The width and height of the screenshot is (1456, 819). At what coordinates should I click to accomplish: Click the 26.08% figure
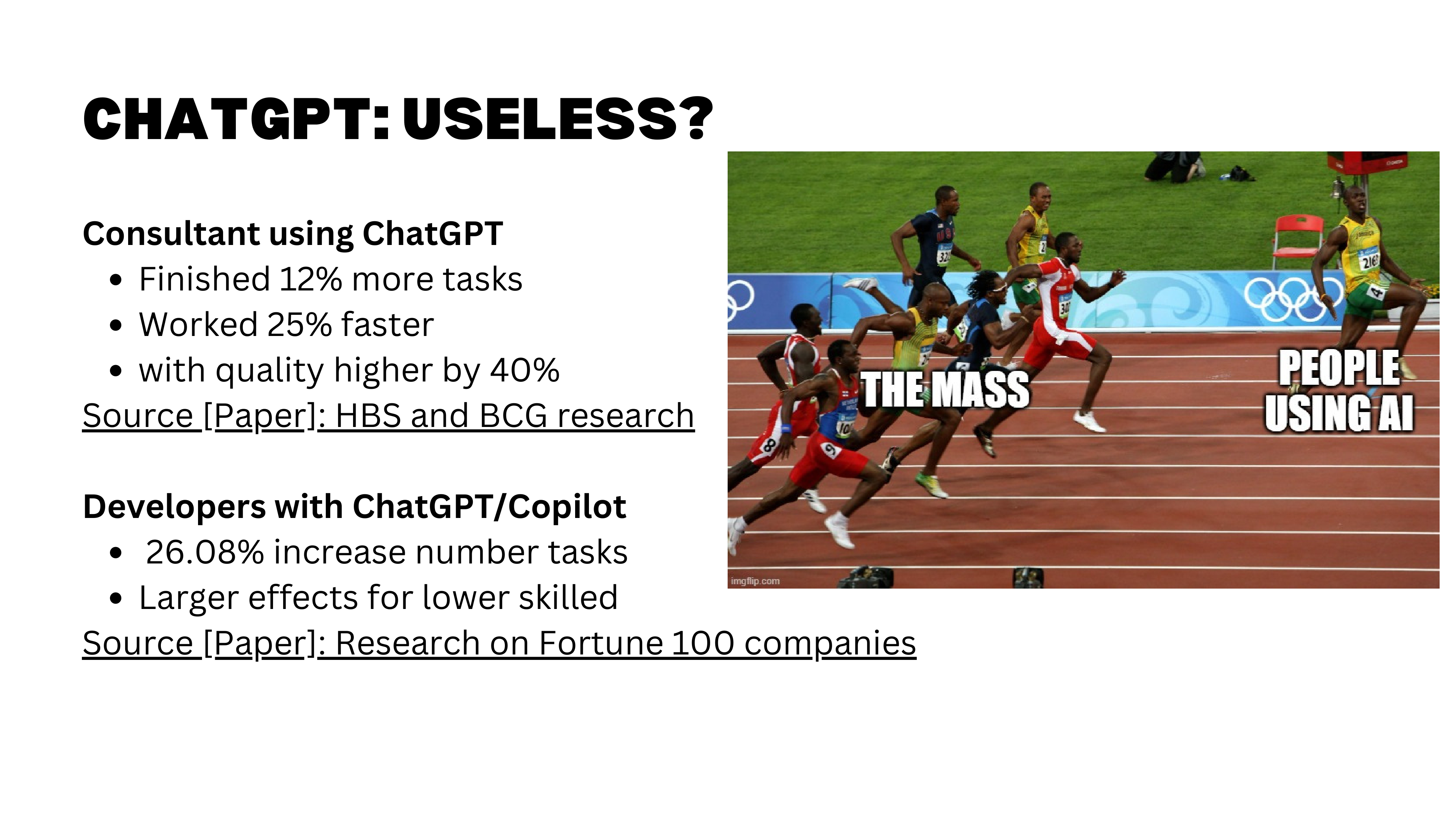205,552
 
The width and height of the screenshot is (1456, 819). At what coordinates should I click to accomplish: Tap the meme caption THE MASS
945,390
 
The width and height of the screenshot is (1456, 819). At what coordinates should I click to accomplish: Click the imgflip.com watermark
755,581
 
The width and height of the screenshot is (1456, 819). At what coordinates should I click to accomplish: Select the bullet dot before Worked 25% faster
116,326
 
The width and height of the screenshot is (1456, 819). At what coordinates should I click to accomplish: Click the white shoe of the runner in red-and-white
1088,421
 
